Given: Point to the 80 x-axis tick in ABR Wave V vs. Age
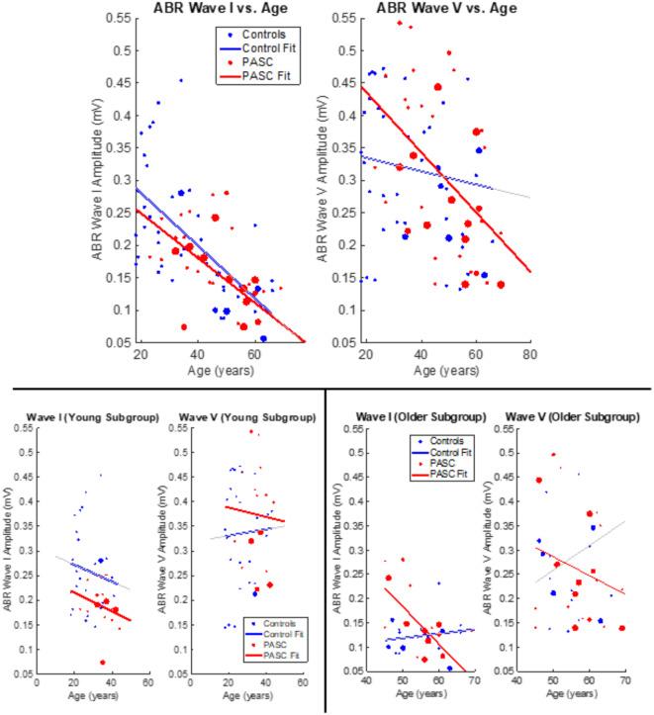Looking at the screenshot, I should point(530,355).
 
